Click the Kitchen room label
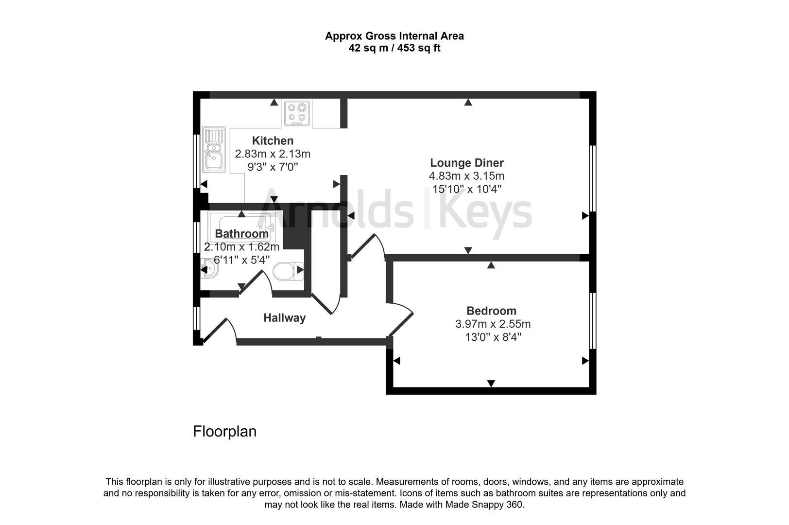273,141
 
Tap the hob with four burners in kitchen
297,113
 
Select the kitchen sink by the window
214,149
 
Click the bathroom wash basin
208,269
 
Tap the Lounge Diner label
466,163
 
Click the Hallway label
284,318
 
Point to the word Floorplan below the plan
224,432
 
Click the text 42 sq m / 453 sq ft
394,48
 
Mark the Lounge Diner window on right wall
592,178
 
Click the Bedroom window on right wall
592,320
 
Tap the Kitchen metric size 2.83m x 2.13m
273,154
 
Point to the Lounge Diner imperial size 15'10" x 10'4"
466,189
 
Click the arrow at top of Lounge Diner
468,103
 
